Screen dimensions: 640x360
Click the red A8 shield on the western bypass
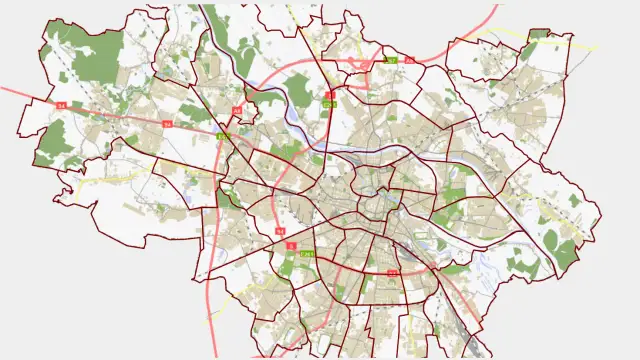(x=237, y=110)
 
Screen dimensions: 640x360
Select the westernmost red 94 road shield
(x=60, y=105)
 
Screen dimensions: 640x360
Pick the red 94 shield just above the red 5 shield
(x=281, y=231)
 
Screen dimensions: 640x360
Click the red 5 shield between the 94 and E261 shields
(x=291, y=245)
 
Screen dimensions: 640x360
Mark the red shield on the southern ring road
(x=393, y=272)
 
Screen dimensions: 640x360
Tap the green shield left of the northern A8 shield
(x=391, y=61)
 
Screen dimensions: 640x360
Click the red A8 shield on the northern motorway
(x=409, y=60)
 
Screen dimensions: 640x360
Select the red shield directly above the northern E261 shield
(x=329, y=95)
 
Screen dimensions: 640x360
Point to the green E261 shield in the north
(x=329, y=104)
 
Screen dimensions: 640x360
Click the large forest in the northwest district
(x=96, y=60)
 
